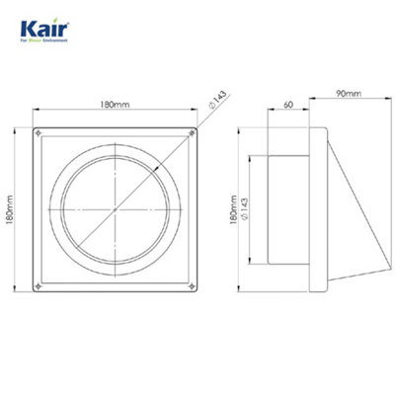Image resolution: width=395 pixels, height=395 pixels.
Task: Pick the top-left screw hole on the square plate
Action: click(39, 133)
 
